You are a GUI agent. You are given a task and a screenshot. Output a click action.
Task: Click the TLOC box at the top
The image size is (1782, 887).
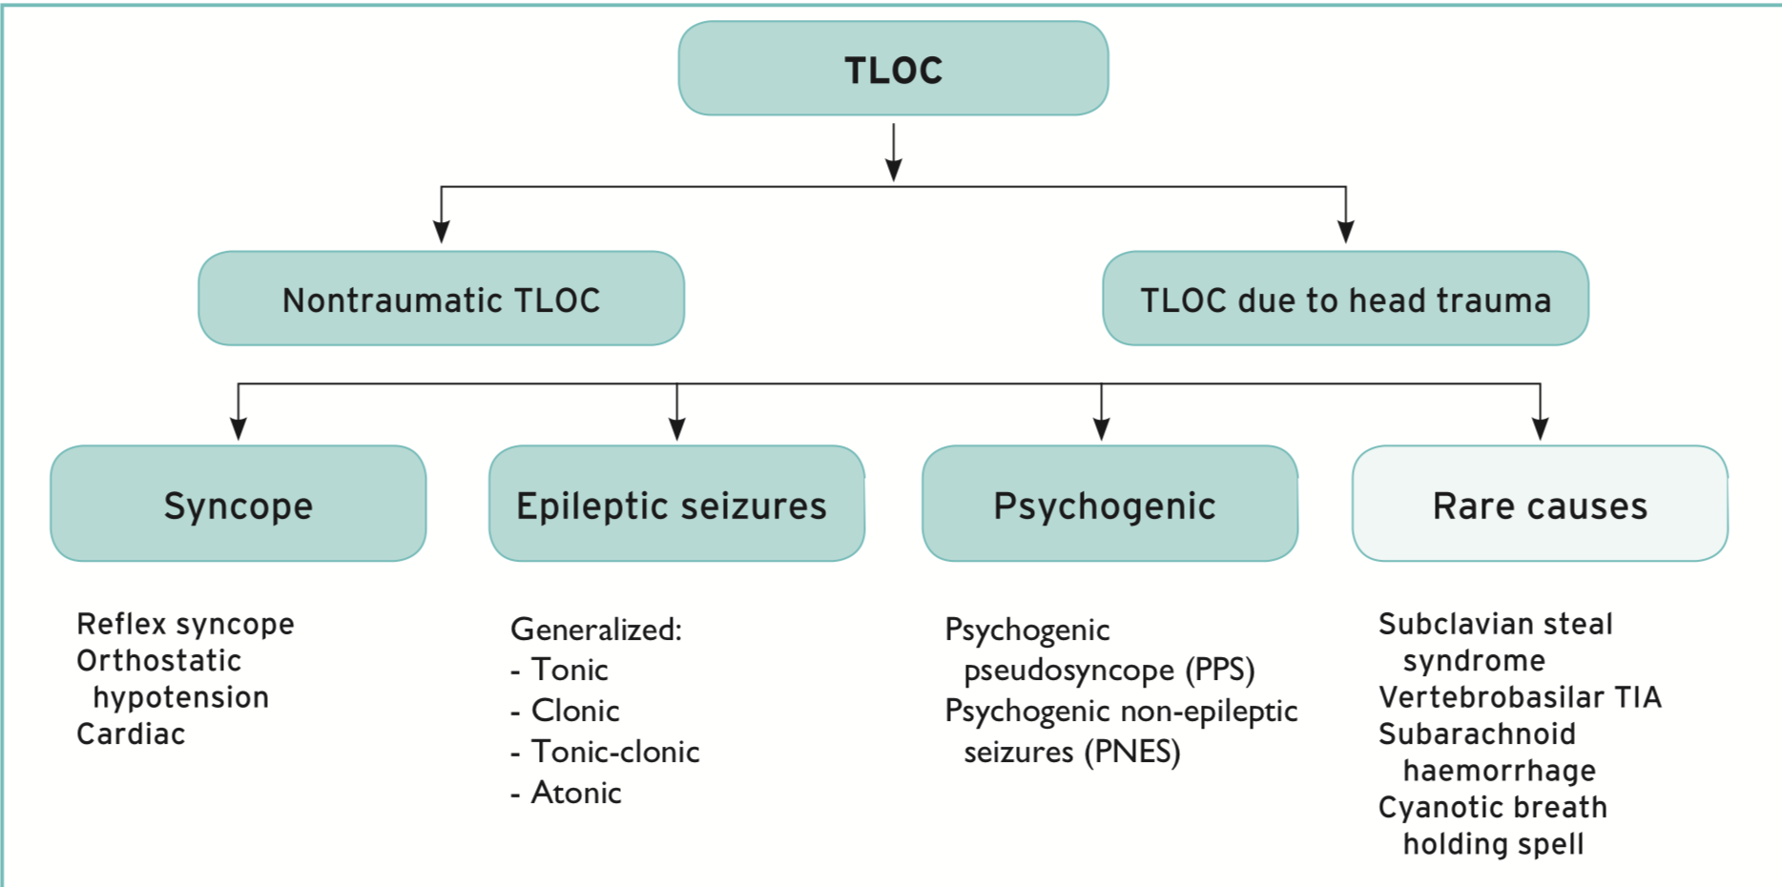click(893, 69)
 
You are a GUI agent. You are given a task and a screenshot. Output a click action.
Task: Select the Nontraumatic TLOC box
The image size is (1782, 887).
click(441, 299)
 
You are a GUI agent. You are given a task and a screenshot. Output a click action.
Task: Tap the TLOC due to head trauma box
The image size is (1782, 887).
click(1345, 299)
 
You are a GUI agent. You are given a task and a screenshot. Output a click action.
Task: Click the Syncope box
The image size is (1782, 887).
click(238, 504)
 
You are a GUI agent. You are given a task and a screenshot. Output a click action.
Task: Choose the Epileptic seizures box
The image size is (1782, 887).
click(676, 504)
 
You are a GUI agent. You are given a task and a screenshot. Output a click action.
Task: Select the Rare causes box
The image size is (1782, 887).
click(1540, 504)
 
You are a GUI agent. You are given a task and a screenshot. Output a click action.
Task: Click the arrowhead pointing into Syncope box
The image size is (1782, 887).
click(238, 428)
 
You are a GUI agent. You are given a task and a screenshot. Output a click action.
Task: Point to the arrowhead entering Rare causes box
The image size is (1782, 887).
click(1540, 428)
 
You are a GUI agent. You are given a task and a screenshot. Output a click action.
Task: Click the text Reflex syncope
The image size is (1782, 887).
click(185, 624)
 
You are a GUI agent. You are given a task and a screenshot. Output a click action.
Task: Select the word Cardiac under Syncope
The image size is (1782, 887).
click(131, 733)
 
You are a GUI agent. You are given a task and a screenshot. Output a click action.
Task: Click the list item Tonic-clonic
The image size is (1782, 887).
click(615, 752)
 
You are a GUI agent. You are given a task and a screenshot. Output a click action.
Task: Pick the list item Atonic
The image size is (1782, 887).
click(576, 793)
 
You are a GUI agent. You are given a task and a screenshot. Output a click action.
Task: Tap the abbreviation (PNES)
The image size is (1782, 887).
click(1132, 752)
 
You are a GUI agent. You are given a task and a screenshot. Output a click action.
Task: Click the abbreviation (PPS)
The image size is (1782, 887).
click(1219, 670)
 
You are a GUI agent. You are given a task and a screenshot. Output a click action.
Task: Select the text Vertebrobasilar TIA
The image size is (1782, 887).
click(1520, 697)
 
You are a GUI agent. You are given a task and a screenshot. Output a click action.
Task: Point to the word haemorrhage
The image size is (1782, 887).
click(1499, 770)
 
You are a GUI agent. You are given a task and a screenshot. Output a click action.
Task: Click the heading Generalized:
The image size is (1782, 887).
click(596, 629)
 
